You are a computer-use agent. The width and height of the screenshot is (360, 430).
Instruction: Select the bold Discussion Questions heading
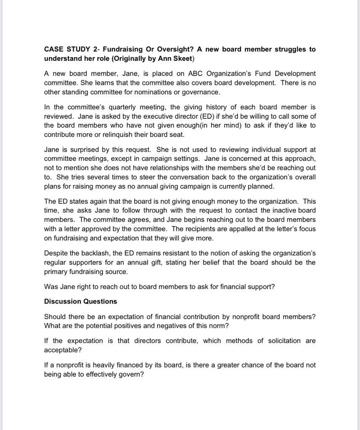(81, 302)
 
